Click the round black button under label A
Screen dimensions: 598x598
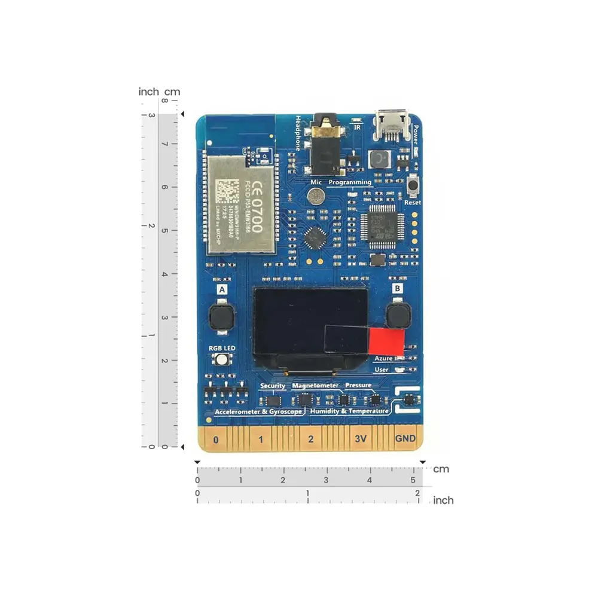pyautogui.click(x=221, y=317)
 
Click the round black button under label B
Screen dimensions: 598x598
pyautogui.click(x=398, y=315)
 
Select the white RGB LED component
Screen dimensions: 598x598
pyautogui.click(x=222, y=359)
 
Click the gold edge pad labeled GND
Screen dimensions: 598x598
pyautogui.click(x=405, y=439)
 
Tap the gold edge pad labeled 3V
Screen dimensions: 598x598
pyautogui.click(x=360, y=439)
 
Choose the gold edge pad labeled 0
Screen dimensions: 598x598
pyautogui.click(x=215, y=440)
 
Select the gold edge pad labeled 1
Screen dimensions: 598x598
pyautogui.click(x=261, y=440)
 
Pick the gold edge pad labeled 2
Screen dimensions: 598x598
pyautogui.click(x=310, y=440)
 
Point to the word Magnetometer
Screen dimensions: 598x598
pyautogui.click(x=316, y=386)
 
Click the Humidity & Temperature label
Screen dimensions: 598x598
pyautogui.click(x=350, y=411)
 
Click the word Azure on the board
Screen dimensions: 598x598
pyautogui.click(x=383, y=358)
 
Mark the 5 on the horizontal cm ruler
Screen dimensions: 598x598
pyautogui.click(x=413, y=480)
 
